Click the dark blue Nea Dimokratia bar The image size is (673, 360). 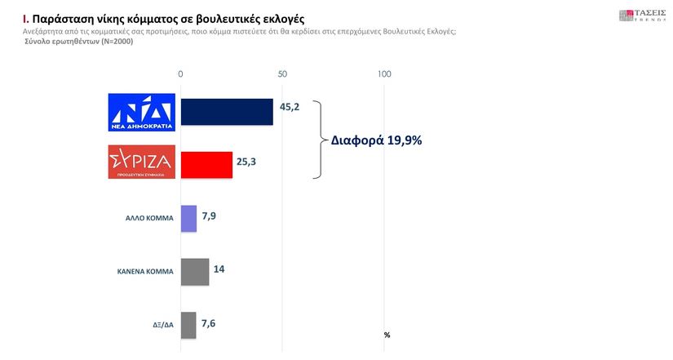click(226, 112)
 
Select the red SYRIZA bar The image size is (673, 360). click(206, 164)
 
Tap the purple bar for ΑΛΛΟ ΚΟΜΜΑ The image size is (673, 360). click(188, 218)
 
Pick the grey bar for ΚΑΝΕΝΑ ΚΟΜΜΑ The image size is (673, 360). click(194, 272)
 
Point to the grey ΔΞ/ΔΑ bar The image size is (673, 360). click(188, 325)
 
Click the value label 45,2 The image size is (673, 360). click(290, 106)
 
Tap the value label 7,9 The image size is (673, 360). click(209, 216)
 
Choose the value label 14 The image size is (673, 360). click(219, 269)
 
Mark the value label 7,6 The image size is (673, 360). click(208, 323)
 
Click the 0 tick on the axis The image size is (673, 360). click(180, 74)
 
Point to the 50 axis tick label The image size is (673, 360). click(282, 74)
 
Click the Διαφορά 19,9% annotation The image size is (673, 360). click(376, 140)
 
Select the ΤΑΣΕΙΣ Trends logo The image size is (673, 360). click(642, 16)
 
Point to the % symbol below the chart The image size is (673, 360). click(387, 335)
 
